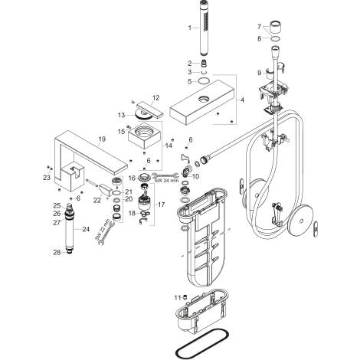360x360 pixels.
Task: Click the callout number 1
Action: coord(189,28)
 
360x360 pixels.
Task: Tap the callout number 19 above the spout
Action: coord(102,139)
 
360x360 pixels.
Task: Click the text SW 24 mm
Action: coord(166,181)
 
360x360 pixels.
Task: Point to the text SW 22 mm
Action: coord(102,230)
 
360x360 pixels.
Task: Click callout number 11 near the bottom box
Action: coord(178,298)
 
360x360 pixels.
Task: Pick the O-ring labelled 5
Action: coord(204,81)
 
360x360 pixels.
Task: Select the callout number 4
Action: coord(242,100)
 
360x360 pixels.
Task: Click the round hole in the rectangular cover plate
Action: coord(204,98)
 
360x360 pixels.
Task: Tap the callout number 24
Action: coord(86,229)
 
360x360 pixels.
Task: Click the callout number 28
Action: coord(57,253)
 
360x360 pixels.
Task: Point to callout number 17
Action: coord(162,205)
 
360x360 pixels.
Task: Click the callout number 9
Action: coord(260,73)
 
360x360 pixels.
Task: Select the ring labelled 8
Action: coord(275,38)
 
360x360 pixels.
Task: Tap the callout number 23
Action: coord(47,177)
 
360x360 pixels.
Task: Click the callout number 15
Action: coord(122,132)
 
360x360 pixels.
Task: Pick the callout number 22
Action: coord(97,201)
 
